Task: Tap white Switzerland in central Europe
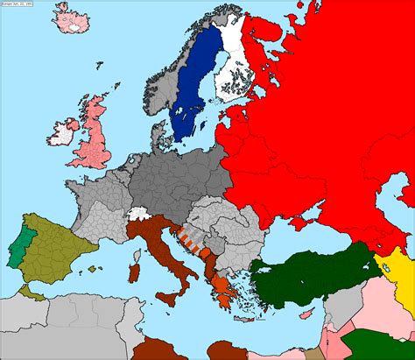[137, 213]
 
